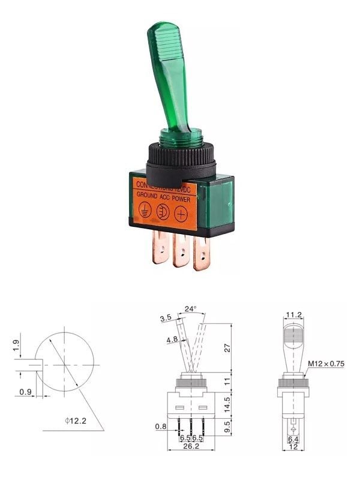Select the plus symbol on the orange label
point(181,214)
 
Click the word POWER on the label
point(184,196)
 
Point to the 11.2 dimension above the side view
point(293,315)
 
